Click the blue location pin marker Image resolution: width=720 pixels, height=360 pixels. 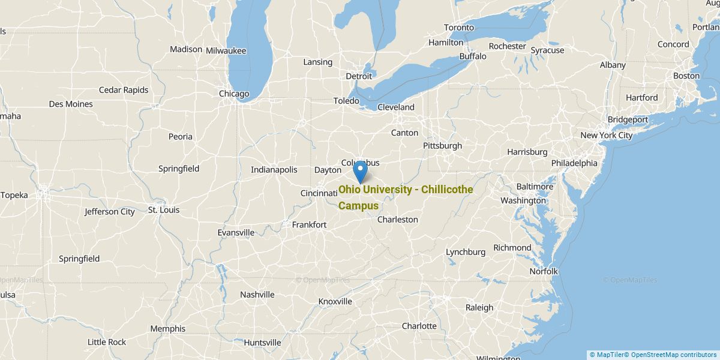360,171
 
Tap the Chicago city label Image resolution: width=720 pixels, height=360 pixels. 234,94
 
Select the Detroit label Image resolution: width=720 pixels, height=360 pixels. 359,76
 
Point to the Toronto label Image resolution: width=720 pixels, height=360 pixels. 459,28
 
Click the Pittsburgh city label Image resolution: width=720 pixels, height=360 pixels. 442,146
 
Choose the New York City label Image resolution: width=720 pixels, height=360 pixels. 606,135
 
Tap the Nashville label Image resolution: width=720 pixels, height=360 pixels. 257,295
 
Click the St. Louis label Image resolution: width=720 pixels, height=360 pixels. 164,210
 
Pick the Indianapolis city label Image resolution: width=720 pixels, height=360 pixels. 274,170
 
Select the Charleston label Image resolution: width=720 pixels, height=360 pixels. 397,220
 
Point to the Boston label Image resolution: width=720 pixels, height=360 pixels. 686,76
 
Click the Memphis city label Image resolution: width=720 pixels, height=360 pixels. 168,329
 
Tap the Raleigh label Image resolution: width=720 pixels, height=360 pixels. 479,308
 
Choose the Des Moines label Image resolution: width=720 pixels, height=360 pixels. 71,104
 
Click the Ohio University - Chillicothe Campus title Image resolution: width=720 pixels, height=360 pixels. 406,197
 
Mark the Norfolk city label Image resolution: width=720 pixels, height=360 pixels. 544,271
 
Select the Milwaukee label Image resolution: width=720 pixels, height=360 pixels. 226,51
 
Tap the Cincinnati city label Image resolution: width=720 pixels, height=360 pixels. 319,193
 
